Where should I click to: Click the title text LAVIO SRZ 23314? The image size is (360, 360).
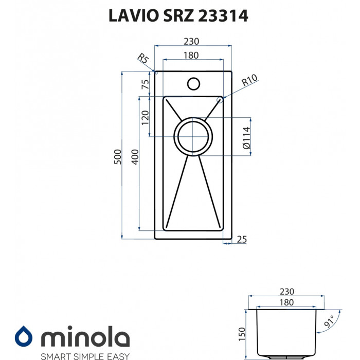178,16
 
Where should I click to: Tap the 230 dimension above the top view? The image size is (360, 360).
191,42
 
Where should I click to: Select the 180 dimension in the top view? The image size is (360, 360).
191,56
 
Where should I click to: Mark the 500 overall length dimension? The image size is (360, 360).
117,156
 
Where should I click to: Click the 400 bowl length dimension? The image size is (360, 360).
135,156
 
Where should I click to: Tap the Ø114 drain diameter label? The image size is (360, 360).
246,138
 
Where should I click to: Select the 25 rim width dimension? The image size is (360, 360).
243,239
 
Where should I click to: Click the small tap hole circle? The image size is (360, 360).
193,83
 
